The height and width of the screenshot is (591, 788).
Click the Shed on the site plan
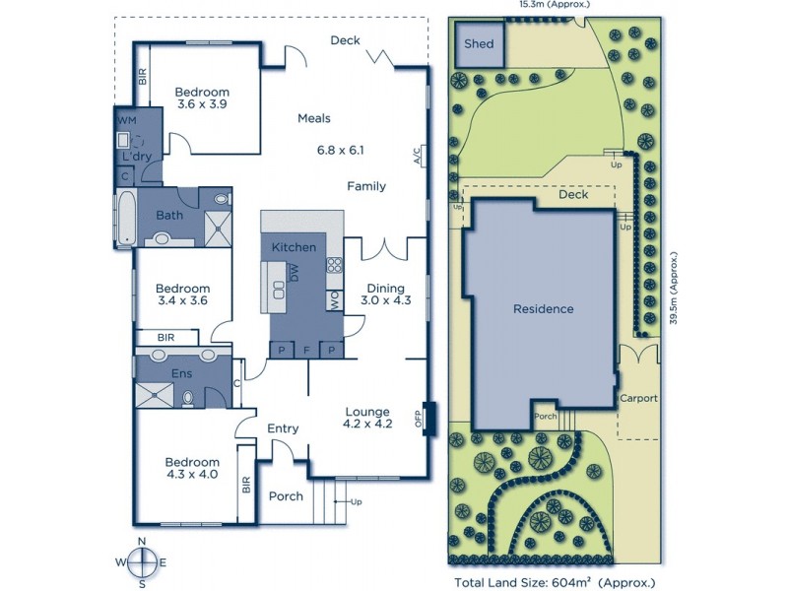point(479,45)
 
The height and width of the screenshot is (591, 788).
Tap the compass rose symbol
point(144,560)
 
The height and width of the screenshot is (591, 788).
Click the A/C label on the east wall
point(418,155)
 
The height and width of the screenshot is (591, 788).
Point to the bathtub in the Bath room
point(125,218)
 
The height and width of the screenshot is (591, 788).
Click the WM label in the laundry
point(127,120)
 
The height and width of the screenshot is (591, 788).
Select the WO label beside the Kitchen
point(335,298)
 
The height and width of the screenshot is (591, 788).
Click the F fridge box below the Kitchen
point(307,350)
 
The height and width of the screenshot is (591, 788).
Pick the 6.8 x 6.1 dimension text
point(341,151)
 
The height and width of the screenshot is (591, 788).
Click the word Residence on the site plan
point(543,309)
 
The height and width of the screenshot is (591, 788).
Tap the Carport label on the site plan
point(638,399)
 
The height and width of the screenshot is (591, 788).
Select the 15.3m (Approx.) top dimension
point(555,5)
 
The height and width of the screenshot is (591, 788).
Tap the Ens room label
point(180,374)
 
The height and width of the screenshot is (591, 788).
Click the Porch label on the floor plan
point(286,495)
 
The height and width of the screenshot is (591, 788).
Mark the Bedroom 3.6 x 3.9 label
point(203,98)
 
